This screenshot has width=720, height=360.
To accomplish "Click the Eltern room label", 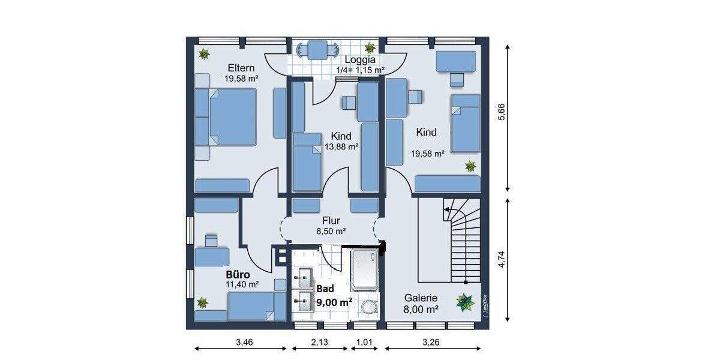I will click(x=241, y=68).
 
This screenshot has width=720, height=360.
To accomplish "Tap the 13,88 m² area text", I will click(x=341, y=146).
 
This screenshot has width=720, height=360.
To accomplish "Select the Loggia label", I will click(x=360, y=59).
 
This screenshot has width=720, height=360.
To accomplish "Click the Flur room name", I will click(x=331, y=220).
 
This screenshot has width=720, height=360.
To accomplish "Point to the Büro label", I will click(x=238, y=274).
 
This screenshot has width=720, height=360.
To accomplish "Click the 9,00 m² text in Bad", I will click(x=334, y=303).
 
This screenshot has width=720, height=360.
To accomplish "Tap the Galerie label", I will click(x=420, y=298).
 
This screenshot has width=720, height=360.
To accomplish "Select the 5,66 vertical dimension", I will click(x=502, y=115).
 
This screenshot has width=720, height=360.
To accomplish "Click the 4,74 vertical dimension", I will click(x=502, y=262).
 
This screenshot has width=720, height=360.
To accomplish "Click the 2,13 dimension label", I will click(x=321, y=344).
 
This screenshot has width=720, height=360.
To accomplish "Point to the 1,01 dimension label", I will click(x=365, y=344).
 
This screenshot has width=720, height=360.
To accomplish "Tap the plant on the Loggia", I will click(x=370, y=47).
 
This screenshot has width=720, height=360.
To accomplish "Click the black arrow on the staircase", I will click(x=448, y=209).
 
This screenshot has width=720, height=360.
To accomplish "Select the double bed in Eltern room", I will click(x=226, y=117).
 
